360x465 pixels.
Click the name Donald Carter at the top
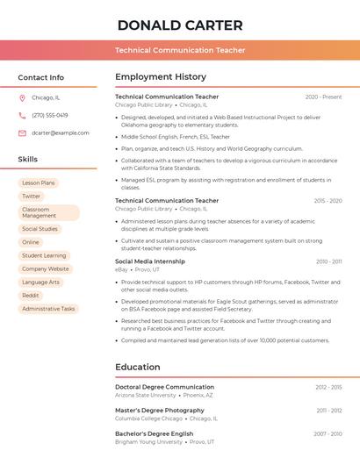click(x=180, y=25)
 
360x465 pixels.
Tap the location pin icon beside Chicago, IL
click(x=22, y=97)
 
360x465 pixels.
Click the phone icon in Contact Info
click(x=22, y=115)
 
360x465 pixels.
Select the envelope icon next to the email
click(x=22, y=132)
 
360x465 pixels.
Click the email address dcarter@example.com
click(x=61, y=132)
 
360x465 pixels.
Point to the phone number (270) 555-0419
click(x=50, y=115)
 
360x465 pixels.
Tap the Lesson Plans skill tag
click(x=39, y=182)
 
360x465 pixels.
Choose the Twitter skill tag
click(x=32, y=197)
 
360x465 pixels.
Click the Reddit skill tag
click(x=31, y=296)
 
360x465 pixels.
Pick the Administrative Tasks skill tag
click(x=48, y=309)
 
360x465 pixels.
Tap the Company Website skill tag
click(x=46, y=268)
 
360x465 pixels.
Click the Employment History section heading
click(x=161, y=77)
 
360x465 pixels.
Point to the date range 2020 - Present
click(x=323, y=97)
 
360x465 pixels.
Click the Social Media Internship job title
click(x=150, y=261)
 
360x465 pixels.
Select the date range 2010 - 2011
click(x=328, y=261)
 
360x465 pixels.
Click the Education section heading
click(x=138, y=367)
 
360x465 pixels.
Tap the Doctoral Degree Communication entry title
click(x=164, y=387)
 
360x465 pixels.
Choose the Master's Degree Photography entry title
click(x=160, y=411)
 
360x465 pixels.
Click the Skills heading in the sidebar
click(x=28, y=159)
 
